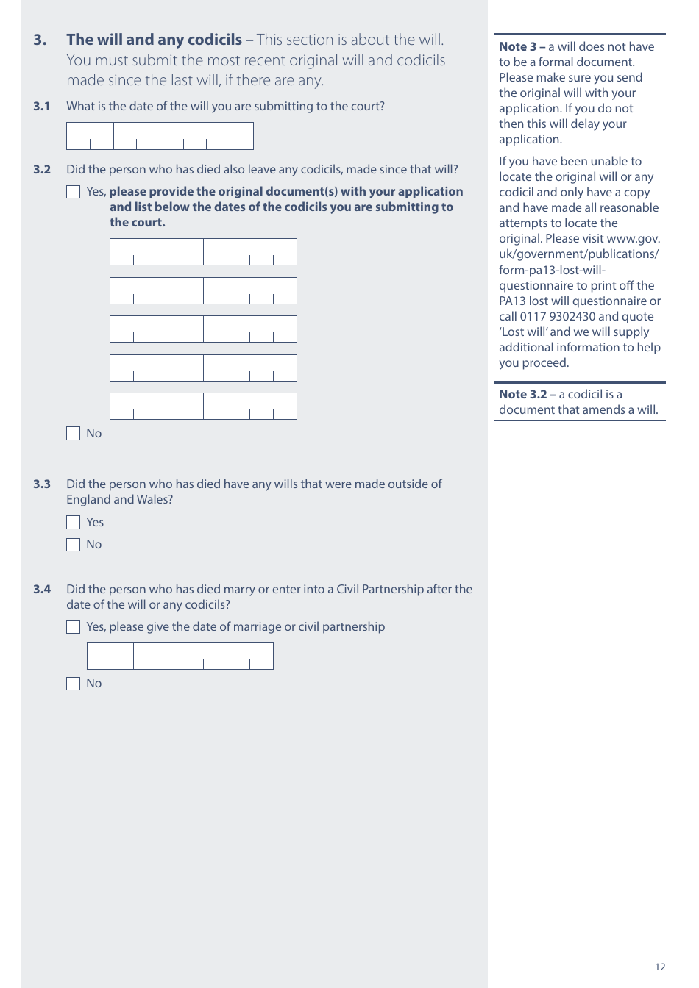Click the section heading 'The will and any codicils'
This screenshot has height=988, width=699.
tap(154, 40)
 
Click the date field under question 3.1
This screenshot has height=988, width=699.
tap(160, 136)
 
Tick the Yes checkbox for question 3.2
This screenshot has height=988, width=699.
tap(74, 192)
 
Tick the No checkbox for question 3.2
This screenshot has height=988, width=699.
tap(74, 434)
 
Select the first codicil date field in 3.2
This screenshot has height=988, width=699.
tap(203, 251)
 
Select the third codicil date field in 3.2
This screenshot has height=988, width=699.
tap(203, 329)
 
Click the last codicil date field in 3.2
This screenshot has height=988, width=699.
tap(203, 406)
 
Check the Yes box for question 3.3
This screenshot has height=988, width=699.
tap(74, 523)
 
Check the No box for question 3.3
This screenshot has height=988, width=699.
tap(74, 545)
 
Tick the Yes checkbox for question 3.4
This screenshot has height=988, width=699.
tap(74, 627)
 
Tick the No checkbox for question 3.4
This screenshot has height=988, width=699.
tap(74, 684)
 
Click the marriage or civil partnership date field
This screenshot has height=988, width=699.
tap(180, 656)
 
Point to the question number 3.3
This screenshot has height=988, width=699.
tap(42, 484)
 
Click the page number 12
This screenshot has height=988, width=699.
tap(660, 967)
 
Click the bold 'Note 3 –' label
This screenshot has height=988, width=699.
tap(522, 47)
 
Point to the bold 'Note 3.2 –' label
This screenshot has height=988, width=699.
tap(527, 395)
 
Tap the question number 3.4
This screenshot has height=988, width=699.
tap(42, 590)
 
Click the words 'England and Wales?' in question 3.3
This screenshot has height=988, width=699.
tap(119, 500)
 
